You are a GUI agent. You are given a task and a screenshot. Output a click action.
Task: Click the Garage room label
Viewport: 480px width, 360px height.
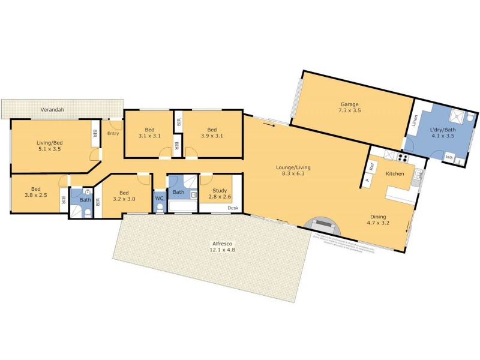coord(348,107)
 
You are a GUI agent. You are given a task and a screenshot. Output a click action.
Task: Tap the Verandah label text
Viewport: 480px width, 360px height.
coord(52,110)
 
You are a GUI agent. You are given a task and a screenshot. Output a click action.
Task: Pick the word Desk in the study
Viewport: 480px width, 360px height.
coord(233,208)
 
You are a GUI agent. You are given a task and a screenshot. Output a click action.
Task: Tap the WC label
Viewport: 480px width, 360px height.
coord(159,198)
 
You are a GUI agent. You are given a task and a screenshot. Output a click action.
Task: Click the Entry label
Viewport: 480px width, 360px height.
coord(113,133)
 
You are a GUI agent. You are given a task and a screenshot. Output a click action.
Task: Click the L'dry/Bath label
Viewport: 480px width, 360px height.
coord(440,134)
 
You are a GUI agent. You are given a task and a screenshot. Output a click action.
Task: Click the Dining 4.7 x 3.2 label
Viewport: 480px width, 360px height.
coord(378,220)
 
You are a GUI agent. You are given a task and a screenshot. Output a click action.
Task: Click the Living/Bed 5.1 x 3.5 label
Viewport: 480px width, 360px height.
coord(49,146)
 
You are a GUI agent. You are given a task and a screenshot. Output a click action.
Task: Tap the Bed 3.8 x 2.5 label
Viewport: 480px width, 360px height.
coord(35,191)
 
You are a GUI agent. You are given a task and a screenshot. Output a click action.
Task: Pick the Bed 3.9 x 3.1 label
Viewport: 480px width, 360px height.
coord(212,133)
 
